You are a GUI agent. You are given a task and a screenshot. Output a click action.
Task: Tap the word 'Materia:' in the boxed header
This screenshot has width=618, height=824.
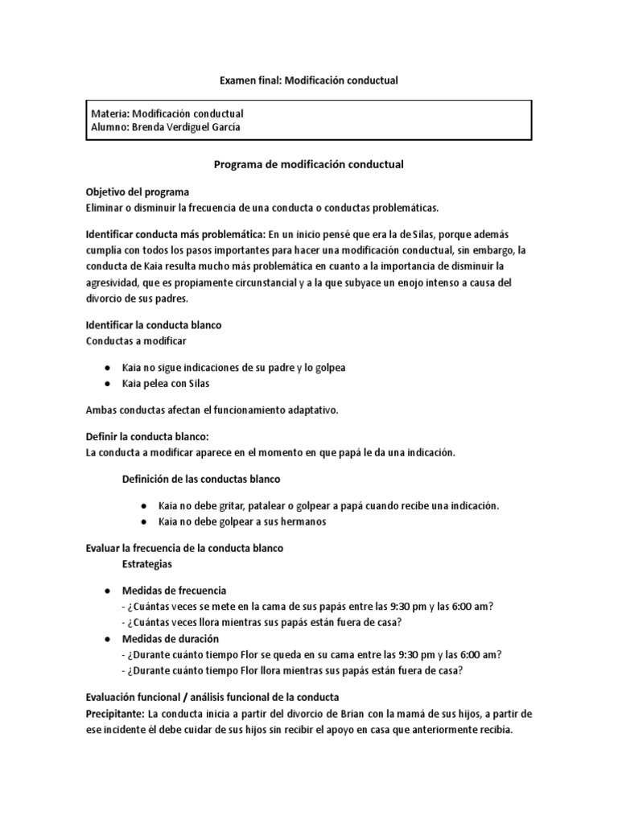click(x=109, y=114)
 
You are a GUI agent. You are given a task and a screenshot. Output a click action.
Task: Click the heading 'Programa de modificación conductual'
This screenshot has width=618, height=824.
click(x=309, y=163)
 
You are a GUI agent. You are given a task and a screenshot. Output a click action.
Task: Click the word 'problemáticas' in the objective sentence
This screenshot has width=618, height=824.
click(x=400, y=208)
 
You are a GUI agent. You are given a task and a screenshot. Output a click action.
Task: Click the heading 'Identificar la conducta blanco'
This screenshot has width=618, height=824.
click(x=154, y=325)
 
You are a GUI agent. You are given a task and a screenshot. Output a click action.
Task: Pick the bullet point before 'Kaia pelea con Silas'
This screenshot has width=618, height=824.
click(x=107, y=383)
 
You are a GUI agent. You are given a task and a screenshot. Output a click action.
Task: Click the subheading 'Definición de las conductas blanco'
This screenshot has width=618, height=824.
click(x=200, y=479)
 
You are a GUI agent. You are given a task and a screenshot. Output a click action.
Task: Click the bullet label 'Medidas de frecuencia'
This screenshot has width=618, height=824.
click(x=175, y=590)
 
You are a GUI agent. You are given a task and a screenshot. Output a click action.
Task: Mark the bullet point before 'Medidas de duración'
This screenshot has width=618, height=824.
click(x=107, y=638)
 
